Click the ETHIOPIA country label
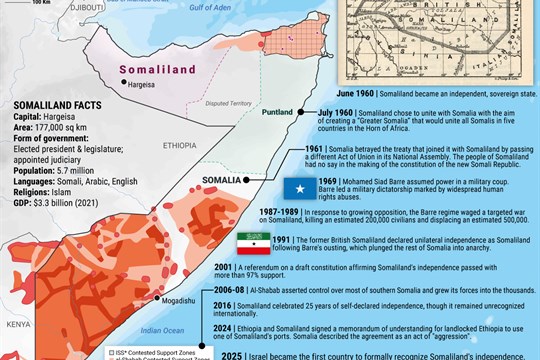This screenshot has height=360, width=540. [178, 144]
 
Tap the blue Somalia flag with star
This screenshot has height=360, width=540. [301, 187]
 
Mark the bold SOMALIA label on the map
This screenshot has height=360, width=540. [222, 180]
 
